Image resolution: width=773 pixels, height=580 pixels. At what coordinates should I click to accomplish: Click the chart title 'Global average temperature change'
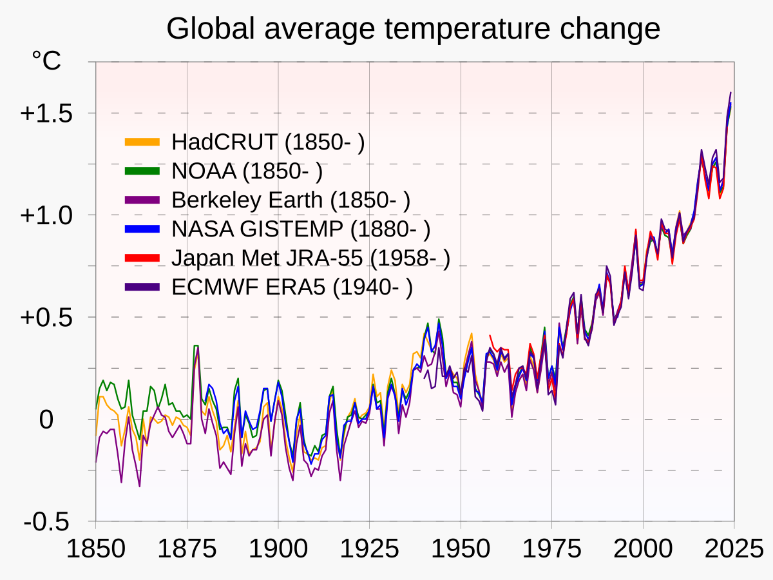pyautogui.click(x=413, y=29)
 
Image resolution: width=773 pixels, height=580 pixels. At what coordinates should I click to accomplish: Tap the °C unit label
pyautogui.click(x=46, y=61)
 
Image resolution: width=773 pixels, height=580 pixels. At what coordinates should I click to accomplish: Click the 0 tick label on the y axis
pyautogui.click(x=46, y=420)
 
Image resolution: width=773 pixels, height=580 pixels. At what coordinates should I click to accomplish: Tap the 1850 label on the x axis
pyautogui.click(x=95, y=549)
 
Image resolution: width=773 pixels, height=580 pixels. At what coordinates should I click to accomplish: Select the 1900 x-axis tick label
pyautogui.click(x=278, y=549)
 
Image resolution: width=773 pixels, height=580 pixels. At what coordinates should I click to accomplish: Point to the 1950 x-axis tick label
pyautogui.click(x=461, y=549)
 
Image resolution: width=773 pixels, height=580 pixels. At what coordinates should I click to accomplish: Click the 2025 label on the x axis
pyautogui.click(x=733, y=549)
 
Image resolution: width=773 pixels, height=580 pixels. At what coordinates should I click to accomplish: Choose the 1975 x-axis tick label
pyautogui.click(x=551, y=549)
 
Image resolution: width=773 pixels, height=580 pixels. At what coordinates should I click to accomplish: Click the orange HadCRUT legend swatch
pyautogui.click(x=142, y=142)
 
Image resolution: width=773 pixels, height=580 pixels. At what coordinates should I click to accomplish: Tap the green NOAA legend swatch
pyautogui.click(x=142, y=171)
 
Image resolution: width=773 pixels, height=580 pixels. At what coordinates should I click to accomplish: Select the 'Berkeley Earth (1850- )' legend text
pyautogui.click(x=291, y=200)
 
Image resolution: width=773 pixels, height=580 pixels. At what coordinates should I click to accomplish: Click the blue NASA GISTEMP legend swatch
pyautogui.click(x=142, y=229)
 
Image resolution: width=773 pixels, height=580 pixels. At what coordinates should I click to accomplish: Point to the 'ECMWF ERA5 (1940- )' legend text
pyautogui.click(x=292, y=287)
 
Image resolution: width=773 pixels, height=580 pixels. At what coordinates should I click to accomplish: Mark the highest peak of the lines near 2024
pyautogui.click(x=730, y=93)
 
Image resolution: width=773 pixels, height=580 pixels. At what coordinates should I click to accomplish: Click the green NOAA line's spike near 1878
pyautogui.click(x=196, y=346)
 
